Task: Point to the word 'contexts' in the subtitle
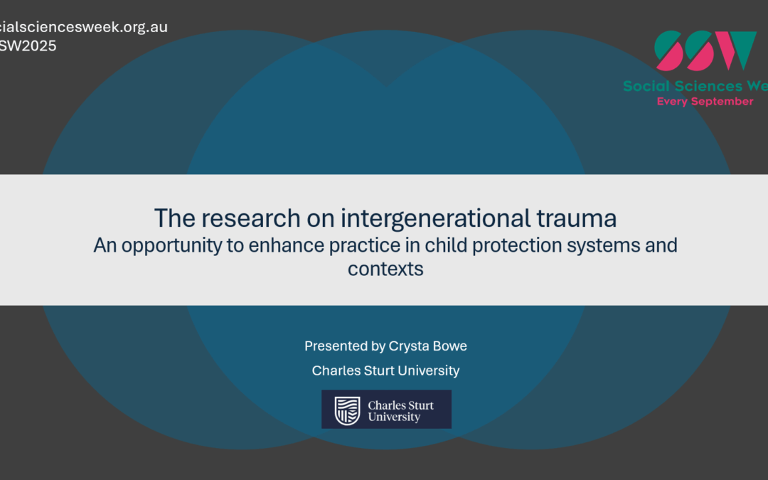coord(385,270)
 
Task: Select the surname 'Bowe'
coord(451,346)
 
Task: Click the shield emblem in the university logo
coord(347,410)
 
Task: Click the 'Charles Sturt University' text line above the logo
coord(385,370)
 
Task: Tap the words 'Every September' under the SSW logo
coord(705,102)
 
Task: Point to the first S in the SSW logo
coord(671,50)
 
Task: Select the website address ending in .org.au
coord(84,28)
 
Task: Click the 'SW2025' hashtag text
coord(28,46)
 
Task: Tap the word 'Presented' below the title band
coord(334,346)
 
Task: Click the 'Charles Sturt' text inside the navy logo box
coord(400,405)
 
